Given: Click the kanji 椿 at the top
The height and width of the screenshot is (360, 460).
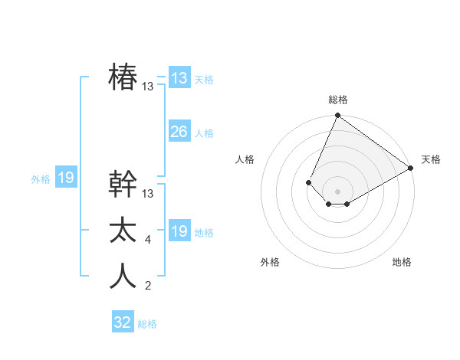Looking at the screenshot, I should [123, 77].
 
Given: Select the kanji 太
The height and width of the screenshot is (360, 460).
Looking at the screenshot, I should [123, 231].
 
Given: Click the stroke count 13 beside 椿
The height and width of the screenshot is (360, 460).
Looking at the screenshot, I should [148, 87].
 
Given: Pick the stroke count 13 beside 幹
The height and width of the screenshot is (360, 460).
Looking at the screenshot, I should [148, 194].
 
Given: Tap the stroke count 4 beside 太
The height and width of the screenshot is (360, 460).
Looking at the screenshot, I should [148, 240].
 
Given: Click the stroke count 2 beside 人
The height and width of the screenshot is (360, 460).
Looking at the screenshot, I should [148, 286].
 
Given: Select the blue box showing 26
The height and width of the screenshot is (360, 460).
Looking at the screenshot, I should [179, 132].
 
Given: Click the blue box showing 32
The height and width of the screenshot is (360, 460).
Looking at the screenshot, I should [123, 322].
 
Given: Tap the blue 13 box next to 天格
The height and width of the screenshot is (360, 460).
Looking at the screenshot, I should [179, 77].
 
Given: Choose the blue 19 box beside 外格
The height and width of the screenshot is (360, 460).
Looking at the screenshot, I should [65, 178].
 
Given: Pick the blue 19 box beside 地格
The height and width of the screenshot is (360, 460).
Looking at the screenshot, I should [179, 231].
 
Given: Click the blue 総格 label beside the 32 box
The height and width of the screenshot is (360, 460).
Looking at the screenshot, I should [147, 324].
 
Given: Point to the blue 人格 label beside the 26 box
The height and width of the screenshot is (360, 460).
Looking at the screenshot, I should [204, 133].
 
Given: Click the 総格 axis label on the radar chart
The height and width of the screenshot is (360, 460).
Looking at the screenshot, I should [337, 100].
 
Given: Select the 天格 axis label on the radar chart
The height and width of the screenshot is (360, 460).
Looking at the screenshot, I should [431, 159].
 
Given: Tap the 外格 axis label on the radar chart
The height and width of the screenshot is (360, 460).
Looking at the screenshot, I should [270, 262].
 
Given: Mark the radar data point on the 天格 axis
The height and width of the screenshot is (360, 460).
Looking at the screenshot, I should [411, 168].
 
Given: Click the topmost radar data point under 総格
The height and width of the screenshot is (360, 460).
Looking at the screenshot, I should [337, 116].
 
